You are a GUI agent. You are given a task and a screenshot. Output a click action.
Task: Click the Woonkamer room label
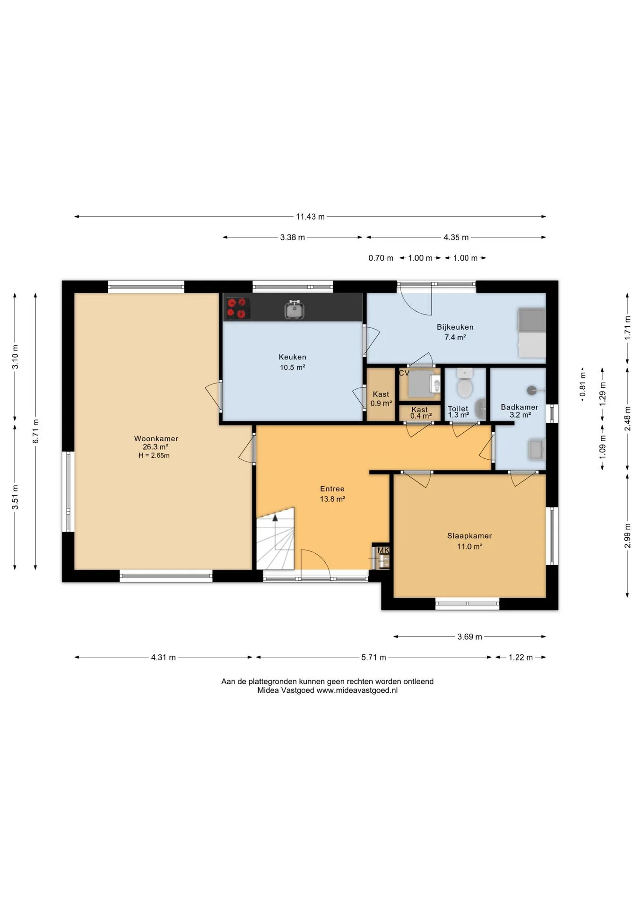pos(156,438)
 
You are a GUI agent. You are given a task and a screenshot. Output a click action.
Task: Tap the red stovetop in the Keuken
pos(237,308)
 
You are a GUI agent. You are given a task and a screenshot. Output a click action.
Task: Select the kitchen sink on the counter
pos(295,310)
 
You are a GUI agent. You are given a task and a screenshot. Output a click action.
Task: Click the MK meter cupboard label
pos(383,550)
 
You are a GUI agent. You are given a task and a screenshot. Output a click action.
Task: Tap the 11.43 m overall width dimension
pos(310,217)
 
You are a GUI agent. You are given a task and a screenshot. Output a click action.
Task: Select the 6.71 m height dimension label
pos(35,431)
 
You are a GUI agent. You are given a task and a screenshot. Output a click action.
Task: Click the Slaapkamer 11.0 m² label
pos(469,541)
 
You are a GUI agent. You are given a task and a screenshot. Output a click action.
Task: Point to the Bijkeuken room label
pos(455,327)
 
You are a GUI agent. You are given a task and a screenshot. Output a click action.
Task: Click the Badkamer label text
pos(520,407)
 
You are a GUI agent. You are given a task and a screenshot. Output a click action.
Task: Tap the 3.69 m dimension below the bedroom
pos(469,637)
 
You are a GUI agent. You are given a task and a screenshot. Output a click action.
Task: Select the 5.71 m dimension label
pos(373,657)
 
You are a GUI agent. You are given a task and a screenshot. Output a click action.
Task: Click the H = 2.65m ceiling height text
pos(154,455)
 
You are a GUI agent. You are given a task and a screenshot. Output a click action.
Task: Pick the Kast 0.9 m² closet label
pos(381,399)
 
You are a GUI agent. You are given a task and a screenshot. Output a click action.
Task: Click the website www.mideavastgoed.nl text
pos(357,690)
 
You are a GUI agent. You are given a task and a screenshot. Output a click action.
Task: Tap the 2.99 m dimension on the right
pos(627,535)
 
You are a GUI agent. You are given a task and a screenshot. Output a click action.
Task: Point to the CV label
pos(404,373)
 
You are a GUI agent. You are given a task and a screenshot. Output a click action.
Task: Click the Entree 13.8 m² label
pos(332,494)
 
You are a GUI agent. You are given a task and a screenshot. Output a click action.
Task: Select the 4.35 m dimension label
pos(456,237)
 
